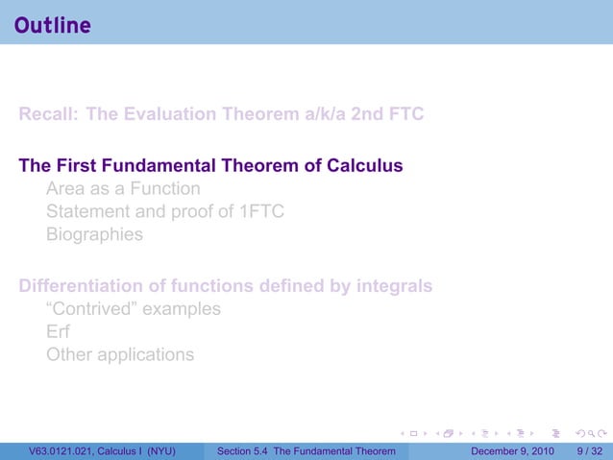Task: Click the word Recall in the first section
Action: (x=47, y=114)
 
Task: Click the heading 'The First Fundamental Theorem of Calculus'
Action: (x=210, y=166)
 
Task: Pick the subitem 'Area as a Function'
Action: (x=123, y=189)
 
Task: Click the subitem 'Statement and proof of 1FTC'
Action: (x=165, y=212)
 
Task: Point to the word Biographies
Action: (x=94, y=235)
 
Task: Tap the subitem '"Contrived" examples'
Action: (x=133, y=309)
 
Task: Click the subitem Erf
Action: (x=58, y=332)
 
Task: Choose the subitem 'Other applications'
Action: (x=119, y=355)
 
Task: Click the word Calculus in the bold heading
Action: (x=365, y=166)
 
